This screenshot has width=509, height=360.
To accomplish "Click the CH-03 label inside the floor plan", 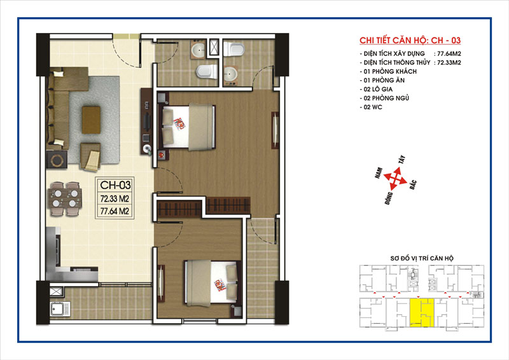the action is [115, 185].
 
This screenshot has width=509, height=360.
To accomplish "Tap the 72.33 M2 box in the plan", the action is [115, 198].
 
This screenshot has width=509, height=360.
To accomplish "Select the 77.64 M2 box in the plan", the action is [115, 211].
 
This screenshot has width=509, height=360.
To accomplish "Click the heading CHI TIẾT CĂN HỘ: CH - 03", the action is [410, 40].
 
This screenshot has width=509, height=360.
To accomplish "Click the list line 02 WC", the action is [373, 107].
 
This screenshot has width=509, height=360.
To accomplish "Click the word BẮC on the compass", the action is [413, 184].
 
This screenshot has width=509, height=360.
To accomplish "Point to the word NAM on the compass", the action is [378, 173].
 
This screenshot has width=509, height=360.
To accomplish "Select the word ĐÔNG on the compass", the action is [389, 198].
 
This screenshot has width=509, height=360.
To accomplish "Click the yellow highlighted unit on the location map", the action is [422, 312].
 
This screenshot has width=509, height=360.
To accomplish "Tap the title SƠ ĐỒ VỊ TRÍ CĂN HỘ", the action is [422, 258].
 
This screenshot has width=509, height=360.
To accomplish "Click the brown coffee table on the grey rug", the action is [91, 120].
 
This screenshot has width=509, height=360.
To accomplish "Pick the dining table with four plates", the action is [65, 198].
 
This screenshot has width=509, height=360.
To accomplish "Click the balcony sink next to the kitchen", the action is [60, 308].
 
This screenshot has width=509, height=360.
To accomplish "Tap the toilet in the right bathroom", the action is [235, 48].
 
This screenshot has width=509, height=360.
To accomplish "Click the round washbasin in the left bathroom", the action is [198, 50].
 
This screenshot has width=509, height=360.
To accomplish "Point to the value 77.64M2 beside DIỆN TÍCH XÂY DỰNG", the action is [449, 54].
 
